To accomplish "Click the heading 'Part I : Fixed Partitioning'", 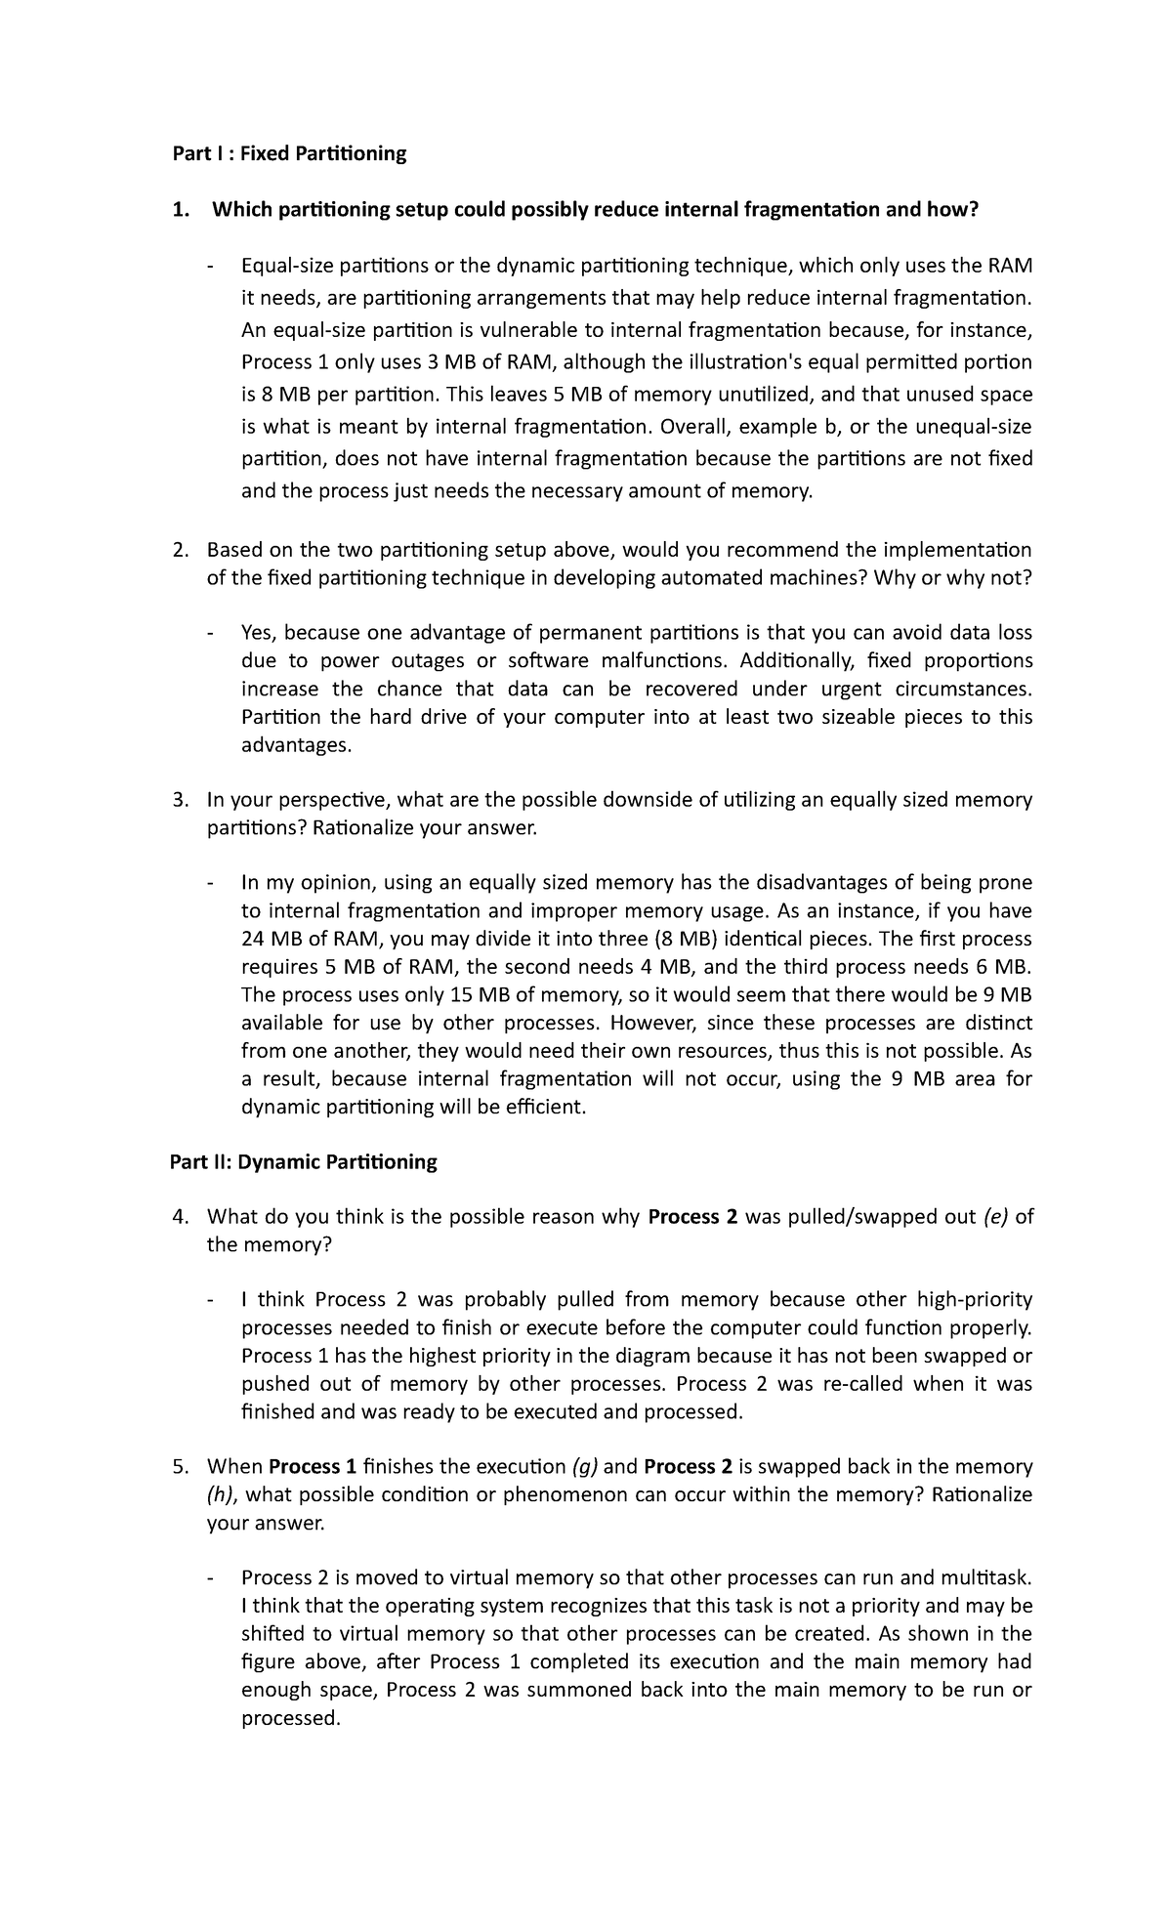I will (288, 153).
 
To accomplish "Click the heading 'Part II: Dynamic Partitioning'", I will (303, 1161).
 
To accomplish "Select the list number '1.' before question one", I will (181, 209).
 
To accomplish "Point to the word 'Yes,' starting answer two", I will (260, 633).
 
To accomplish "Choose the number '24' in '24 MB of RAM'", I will (253, 939).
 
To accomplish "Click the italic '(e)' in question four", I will (996, 1217).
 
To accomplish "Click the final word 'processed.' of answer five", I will (290, 1718).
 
